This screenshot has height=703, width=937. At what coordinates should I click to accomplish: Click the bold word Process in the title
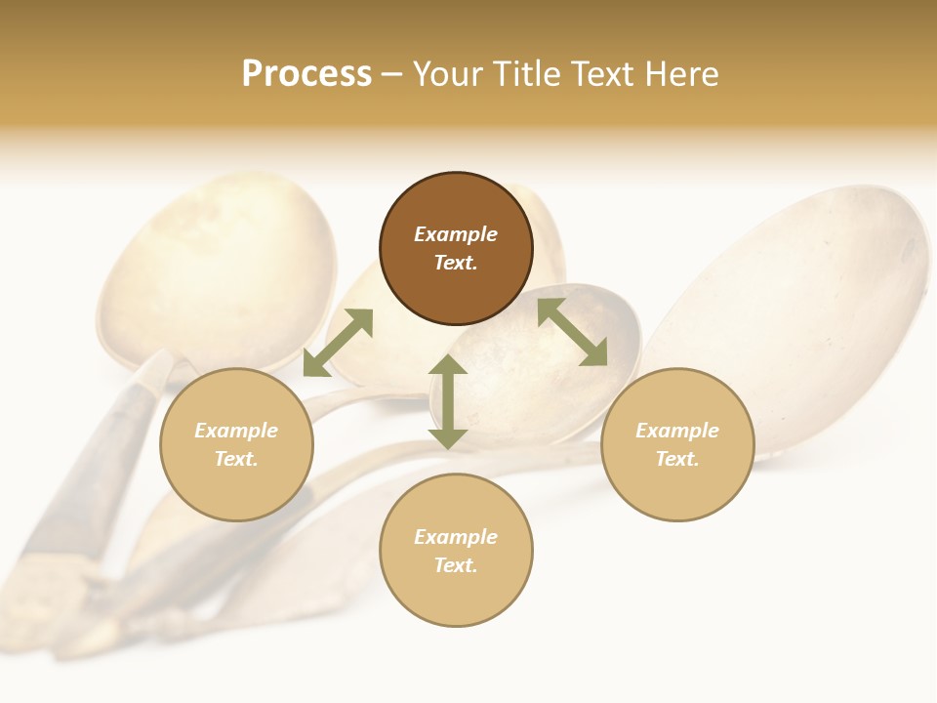click(306, 74)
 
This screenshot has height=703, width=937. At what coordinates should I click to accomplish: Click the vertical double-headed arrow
click(448, 402)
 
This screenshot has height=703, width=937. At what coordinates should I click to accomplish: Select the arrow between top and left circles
click(338, 343)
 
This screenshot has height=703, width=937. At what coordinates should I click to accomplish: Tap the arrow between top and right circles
click(572, 332)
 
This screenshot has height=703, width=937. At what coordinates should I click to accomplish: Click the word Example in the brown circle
click(456, 234)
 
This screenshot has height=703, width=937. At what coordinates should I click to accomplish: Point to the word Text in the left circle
click(235, 459)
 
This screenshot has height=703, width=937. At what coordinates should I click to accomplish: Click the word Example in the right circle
click(677, 431)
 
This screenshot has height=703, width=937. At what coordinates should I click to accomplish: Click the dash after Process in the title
click(392, 74)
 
